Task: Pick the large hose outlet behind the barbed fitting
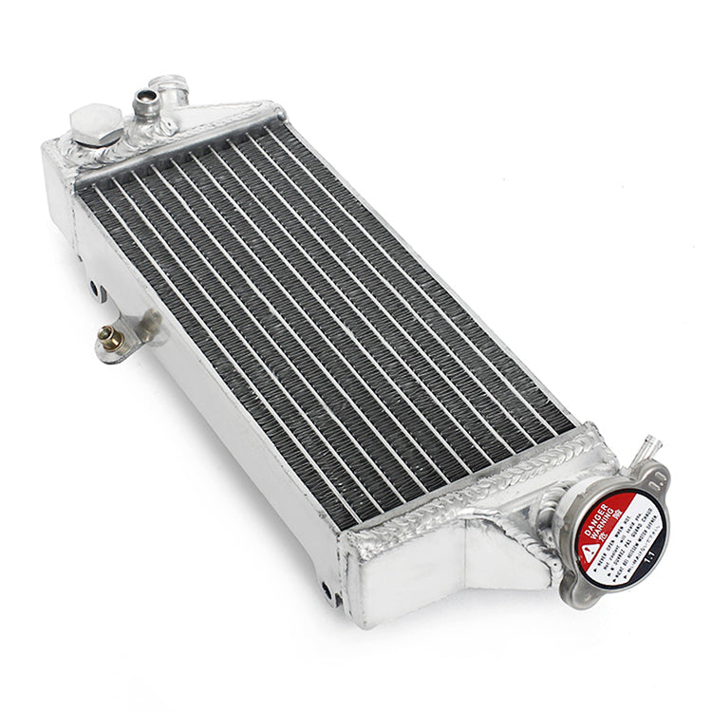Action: [172, 86]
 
